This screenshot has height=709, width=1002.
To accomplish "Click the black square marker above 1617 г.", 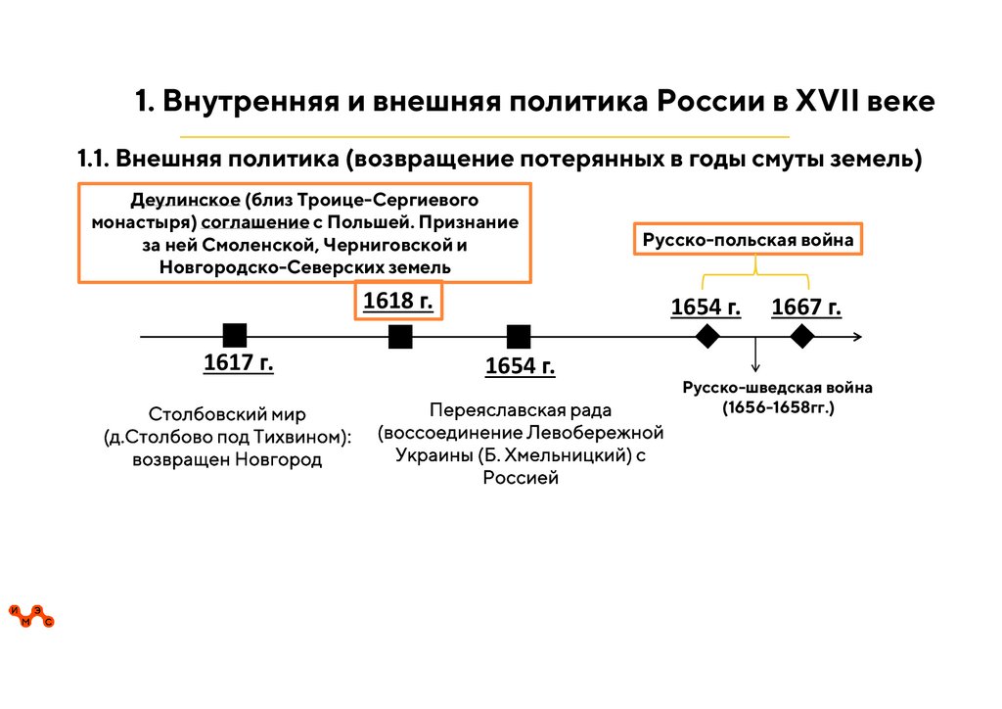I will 234,336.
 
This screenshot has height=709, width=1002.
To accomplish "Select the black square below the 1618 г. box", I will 400,337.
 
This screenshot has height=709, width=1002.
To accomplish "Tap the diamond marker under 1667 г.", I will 802,337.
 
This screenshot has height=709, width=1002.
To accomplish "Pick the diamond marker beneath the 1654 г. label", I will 706,337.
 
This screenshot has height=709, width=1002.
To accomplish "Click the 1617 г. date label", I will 238,362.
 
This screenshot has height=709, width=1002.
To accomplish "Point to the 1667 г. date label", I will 806,307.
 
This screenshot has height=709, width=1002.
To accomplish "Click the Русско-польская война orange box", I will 748,240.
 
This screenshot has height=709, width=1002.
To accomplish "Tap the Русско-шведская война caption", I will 777,388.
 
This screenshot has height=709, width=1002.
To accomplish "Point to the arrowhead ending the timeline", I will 857,337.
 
